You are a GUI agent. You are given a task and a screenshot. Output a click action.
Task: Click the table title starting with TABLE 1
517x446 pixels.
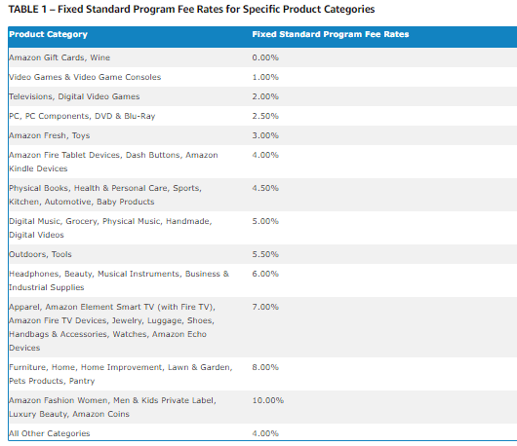(191, 9)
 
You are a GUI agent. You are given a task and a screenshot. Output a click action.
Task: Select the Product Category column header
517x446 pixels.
(49, 34)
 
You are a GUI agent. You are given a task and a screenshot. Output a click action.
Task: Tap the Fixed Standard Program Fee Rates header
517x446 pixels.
(331, 34)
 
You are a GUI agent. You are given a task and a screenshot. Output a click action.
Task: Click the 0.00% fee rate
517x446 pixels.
(265, 57)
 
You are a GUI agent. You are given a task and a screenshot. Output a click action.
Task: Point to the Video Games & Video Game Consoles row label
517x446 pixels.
(85, 77)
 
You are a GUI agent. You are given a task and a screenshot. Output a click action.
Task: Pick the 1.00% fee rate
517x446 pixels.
(265, 77)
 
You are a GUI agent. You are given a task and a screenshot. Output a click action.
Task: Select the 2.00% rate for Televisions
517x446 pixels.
(265, 96)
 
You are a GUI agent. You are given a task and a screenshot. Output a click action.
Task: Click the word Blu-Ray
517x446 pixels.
(139, 116)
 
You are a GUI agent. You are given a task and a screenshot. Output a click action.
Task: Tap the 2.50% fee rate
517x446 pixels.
(265, 116)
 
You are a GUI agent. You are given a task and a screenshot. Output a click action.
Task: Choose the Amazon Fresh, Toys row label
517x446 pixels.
(50, 135)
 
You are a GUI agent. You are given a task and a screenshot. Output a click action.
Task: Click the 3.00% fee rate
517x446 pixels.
(265, 135)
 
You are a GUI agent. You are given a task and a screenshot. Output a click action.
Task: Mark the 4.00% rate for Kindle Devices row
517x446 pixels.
(265, 155)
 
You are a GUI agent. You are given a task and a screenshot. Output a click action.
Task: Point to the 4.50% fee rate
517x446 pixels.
(265, 188)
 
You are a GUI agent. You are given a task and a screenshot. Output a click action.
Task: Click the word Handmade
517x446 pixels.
(188, 221)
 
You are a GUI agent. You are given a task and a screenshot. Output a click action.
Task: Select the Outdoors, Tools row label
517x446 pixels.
(40, 254)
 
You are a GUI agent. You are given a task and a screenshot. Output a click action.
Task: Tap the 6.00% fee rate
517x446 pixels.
(265, 274)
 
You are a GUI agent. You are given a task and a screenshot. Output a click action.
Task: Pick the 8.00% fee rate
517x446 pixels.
(265, 367)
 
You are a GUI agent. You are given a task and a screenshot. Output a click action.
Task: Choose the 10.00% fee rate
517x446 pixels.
(268, 400)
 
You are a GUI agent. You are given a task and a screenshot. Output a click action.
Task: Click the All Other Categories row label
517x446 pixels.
(50, 433)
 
